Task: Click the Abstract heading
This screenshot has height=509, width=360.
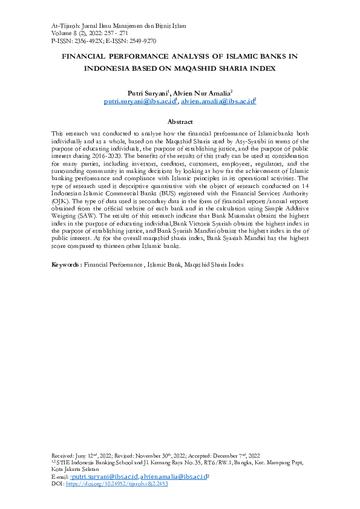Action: (x=180, y=122)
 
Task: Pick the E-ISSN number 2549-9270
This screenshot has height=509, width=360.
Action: (x=142, y=41)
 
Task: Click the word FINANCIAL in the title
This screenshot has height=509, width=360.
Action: (x=89, y=56)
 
